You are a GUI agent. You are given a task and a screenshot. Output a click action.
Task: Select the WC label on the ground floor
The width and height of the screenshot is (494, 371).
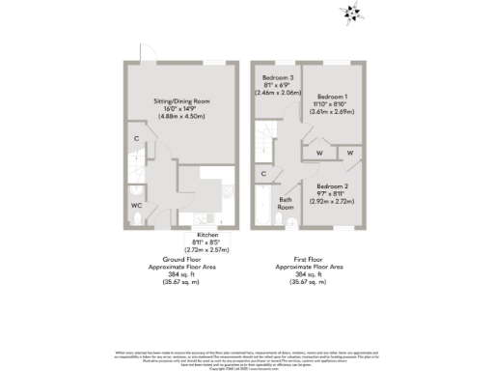(x=136, y=206)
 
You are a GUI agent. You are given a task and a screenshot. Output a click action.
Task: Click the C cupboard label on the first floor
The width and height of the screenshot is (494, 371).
(x=263, y=173)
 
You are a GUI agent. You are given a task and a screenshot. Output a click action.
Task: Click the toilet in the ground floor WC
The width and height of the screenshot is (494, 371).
(x=136, y=219)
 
